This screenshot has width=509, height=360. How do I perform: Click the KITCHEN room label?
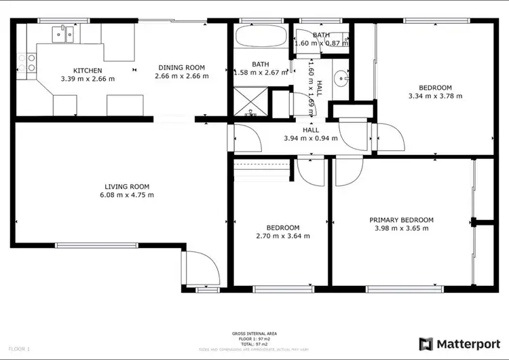tap(88, 70)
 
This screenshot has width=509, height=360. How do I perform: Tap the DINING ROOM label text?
tap(181, 67)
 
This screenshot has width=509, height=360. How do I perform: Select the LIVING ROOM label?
tap(127, 187)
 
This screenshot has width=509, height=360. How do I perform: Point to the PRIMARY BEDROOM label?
tap(401, 219)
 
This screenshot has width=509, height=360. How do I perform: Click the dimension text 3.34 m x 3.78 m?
tap(435, 96)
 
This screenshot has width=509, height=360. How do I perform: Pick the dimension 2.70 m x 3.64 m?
tap(283, 236)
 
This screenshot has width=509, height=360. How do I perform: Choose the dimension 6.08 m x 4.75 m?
tap(127, 195)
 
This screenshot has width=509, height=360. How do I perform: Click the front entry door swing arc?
tap(203, 268)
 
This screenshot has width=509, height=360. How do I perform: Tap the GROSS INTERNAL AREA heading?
tap(254, 333)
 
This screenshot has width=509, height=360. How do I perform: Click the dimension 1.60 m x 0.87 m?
tap(321, 43)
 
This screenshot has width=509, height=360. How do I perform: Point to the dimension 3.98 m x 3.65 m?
tap(401, 228)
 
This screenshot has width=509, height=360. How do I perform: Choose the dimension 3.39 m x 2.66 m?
tap(88, 79)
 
